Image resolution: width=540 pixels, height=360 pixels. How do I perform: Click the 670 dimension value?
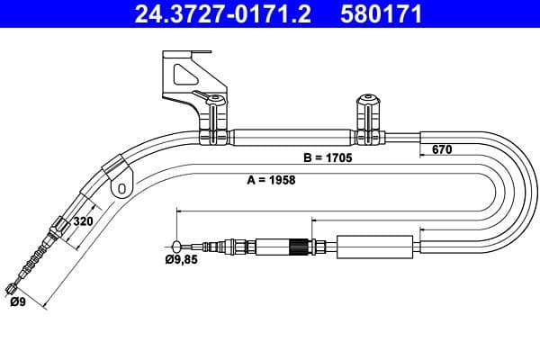tap(441, 150)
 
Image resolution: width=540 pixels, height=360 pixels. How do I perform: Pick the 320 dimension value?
tap(83, 221)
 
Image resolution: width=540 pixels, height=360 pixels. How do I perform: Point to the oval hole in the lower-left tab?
tap(120, 188)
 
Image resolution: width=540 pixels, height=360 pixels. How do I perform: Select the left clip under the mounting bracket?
tap(214, 120)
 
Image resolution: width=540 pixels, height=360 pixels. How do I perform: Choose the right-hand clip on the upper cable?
tap(367, 119)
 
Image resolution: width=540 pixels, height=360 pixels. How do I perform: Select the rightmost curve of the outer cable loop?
tap(530, 193)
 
